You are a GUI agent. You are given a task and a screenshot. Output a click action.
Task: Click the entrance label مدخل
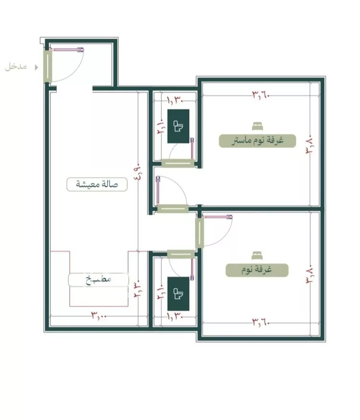pos(16,66)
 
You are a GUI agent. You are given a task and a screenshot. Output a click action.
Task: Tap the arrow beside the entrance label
pos(36,67)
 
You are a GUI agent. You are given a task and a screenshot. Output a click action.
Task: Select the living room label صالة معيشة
pos(97,184)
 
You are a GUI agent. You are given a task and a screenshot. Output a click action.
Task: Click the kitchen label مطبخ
pos(98,280)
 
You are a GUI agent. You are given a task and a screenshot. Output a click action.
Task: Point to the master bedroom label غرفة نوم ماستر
pos(257,141)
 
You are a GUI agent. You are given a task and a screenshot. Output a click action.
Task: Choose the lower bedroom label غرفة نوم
pos(257,270)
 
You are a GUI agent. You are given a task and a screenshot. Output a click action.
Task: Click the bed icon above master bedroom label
pos(257,126)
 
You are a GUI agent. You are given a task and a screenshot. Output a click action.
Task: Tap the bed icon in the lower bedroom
pos(257,256)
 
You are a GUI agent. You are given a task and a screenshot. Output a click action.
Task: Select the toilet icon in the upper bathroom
pos(179,126)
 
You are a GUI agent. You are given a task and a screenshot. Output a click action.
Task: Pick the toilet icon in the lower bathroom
pos(179,294)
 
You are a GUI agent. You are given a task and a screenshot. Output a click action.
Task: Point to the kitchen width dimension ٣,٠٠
pos(99,315)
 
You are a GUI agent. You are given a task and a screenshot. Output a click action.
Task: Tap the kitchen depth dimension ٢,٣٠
pos(138,289)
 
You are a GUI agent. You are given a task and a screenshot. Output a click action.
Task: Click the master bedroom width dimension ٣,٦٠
pos(261,95)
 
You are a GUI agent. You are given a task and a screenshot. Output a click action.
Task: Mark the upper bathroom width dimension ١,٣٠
pos(175,101)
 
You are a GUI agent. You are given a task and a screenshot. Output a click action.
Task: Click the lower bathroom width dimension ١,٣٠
pos(175,316)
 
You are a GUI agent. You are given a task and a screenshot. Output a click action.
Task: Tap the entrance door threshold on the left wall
pos(48,66)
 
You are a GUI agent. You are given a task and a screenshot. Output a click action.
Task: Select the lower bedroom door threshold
pos(200,233)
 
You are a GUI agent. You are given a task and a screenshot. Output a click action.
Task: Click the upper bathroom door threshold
pos(178,163)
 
